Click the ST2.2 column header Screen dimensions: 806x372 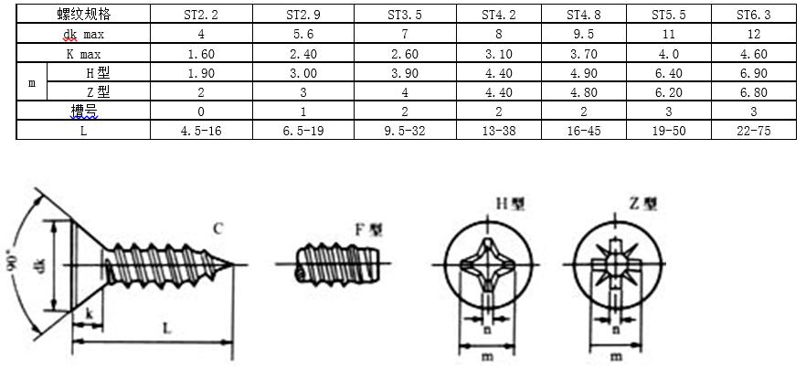pyautogui.click(x=201, y=15)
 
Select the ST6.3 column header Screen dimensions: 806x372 pyautogui.click(x=754, y=15)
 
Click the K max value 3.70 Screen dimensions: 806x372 pyautogui.click(x=583, y=54)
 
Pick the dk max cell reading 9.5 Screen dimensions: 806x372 pyautogui.click(x=583, y=35)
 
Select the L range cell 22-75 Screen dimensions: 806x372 pyautogui.click(x=754, y=131)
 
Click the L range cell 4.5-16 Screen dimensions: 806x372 pyautogui.click(x=201, y=131)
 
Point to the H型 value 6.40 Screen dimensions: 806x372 pyautogui.click(x=669, y=73)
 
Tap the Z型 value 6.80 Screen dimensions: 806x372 pyautogui.click(x=754, y=92)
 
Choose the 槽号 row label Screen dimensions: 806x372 pyautogui.click(x=84, y=112)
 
